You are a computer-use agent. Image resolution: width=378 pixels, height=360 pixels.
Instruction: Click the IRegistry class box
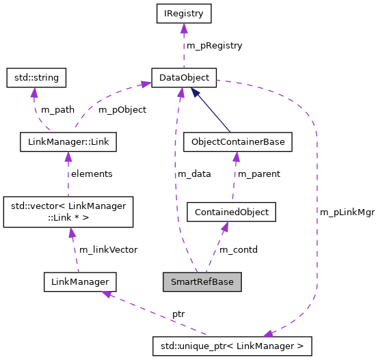183,12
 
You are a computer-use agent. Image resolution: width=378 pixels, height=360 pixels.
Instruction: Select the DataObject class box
183,77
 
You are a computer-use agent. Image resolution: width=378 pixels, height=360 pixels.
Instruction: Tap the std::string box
36,77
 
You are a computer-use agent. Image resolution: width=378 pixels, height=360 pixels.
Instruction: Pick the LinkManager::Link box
68,142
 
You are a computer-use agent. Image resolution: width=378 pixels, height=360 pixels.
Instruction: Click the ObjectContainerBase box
238,142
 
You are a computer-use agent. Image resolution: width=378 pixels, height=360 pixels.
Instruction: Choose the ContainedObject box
231,212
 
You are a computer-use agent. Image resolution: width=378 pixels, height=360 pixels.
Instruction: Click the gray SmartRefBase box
202,281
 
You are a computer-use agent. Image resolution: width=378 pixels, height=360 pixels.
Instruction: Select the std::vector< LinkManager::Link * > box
68,212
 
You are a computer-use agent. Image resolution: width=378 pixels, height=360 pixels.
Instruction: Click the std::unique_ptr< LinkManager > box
232,346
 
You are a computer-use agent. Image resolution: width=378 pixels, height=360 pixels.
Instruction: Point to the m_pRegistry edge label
214,45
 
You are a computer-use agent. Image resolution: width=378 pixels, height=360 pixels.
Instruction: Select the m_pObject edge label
122,110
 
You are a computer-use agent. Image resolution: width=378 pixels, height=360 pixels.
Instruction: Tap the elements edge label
92,174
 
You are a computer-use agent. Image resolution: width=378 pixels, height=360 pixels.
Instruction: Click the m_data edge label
194,174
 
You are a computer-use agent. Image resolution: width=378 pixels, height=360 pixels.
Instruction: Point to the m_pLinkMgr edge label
347,212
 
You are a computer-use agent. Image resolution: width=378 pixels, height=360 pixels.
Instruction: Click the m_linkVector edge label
108,250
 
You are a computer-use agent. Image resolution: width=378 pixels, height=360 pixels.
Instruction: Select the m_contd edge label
238,250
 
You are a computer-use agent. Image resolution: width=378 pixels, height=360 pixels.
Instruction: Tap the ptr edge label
178,314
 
